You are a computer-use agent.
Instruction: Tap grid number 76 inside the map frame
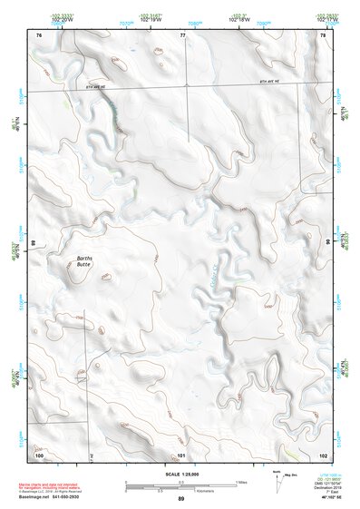tap(39, 34)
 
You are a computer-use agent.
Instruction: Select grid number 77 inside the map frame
tap(182, 34)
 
